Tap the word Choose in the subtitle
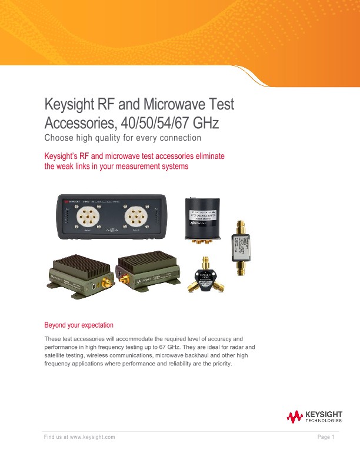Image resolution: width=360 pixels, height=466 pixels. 61,138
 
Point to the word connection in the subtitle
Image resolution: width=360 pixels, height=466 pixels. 179,138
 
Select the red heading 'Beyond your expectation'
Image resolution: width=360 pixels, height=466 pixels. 79,325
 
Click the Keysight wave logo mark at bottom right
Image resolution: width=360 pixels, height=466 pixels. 294,418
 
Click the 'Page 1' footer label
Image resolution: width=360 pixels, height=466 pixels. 326,437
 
